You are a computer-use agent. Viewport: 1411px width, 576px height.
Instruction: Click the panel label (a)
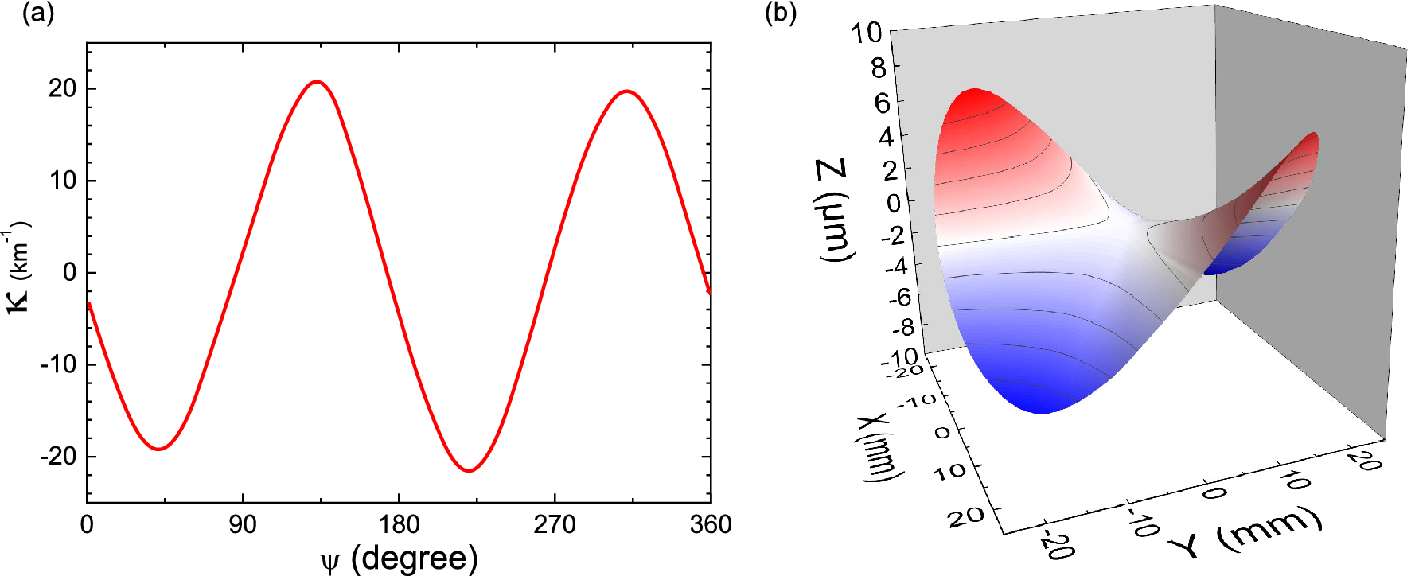(x=37, y=14)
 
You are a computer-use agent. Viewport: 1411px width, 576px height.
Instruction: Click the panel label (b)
(x=780, y=14)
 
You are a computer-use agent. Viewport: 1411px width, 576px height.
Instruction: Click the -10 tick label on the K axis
(x=58, y=364)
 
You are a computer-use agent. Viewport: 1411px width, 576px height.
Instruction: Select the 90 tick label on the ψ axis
(x=243, y=525)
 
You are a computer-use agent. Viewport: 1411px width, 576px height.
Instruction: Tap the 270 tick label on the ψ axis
(x=555, y=525)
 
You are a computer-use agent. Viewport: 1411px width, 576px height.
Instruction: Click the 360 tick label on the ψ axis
(x=710, y=525)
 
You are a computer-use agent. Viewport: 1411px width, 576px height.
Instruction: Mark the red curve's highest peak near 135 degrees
(x=317, y=81)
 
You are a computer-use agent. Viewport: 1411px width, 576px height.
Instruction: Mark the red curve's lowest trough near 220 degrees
(x=469, y=470)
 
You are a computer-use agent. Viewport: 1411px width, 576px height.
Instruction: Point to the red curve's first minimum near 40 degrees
(x=159, y=450)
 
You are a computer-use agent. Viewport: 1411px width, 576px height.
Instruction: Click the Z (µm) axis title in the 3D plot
(x=834, y=210)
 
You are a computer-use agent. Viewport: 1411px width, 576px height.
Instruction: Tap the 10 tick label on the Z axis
(x=866, y=33)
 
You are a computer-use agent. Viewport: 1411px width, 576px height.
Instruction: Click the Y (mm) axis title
(x=1245, y=533)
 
